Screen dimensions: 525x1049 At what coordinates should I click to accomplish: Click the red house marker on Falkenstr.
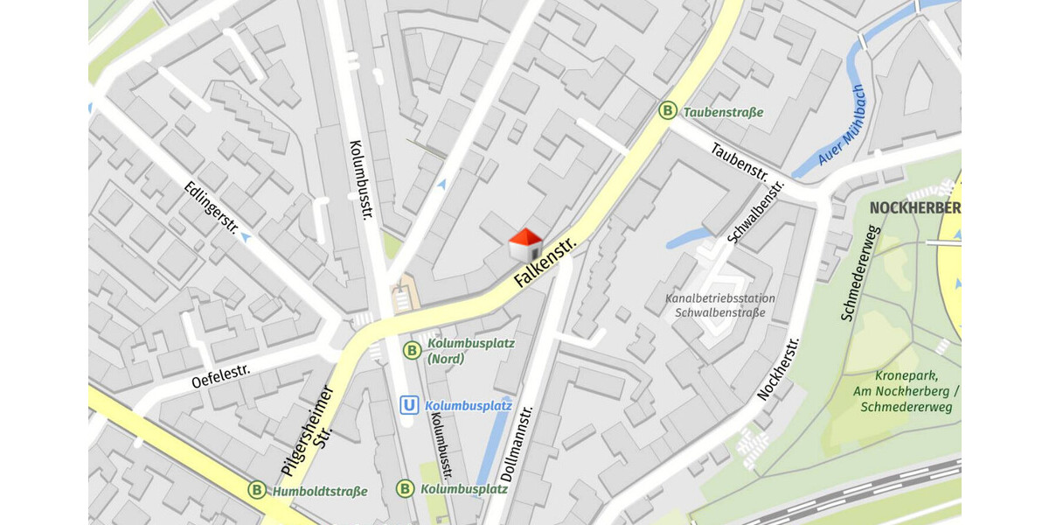[525, 244]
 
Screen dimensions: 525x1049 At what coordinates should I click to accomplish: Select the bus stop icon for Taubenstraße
[668, 111]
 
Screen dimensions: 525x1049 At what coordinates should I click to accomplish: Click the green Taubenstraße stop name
[723, 112]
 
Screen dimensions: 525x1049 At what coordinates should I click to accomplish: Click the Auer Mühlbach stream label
[841, 126]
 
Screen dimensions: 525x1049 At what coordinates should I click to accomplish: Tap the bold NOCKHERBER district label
[914, 208]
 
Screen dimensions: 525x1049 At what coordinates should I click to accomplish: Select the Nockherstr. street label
[779, 368]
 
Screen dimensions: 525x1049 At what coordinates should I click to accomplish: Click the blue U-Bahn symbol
[407, 405]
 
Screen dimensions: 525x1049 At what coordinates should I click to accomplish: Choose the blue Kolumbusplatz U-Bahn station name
[468, 406]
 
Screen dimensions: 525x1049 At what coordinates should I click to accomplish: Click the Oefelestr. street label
[221, 377]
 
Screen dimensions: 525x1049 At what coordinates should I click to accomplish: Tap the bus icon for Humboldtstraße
[257, 490]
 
